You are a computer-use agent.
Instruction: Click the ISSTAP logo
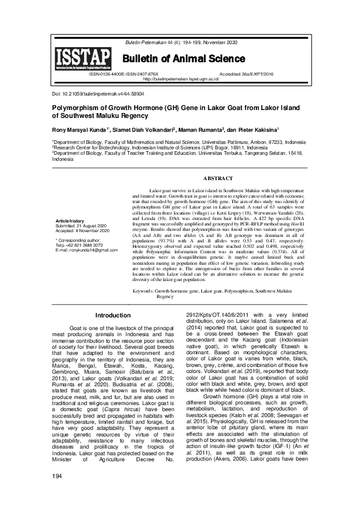tap(83, 59)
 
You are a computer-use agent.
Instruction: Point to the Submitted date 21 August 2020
tap(82, 225)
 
